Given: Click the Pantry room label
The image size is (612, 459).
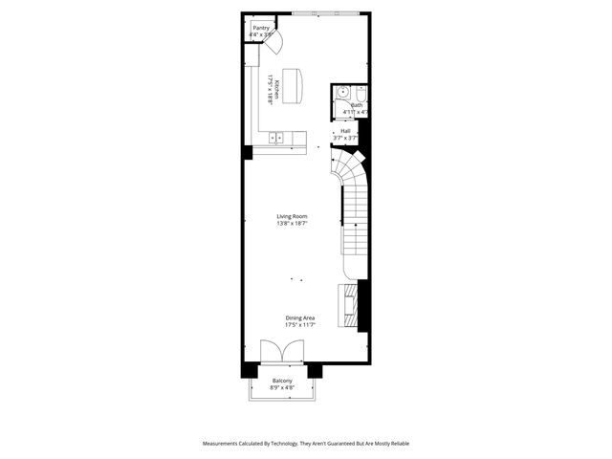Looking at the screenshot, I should [x=260, y=28].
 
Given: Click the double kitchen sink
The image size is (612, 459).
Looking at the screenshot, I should [x=277, y=138].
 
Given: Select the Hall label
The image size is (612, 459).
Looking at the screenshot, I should [x=344, y=132].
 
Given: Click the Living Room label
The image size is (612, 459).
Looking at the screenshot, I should [x=292, y=217].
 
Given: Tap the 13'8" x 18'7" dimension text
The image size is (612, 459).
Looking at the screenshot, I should [x=292, y=224].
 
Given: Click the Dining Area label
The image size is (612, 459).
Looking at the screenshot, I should [x=299, y=317].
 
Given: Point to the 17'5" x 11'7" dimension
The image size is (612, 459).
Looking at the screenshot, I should [x=299, y=325].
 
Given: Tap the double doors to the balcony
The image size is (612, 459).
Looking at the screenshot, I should [x=280, y=353].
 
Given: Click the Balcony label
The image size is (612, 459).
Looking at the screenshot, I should [x=281, y=381].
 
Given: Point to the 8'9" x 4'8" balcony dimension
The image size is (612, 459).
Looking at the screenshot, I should [x=281, y=387].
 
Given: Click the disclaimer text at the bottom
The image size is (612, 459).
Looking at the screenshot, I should [x=305, y=444].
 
